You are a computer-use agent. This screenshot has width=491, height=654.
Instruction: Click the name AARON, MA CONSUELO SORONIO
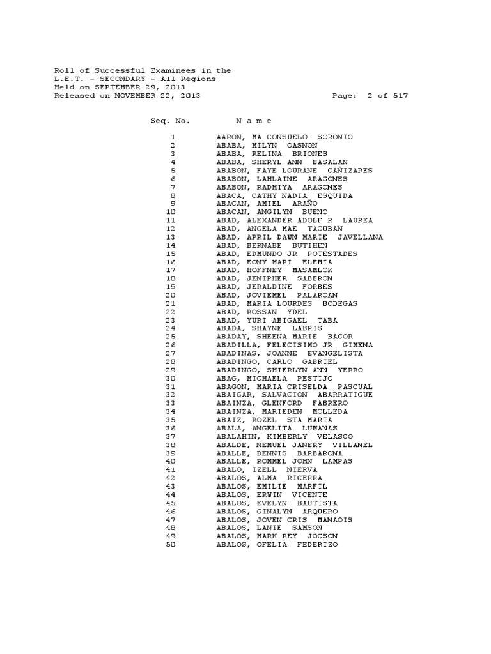coord(284,137)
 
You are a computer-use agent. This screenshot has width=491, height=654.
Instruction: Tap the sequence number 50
coord(170,545)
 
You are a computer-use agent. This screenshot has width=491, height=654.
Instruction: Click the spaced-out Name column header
coord(254,121)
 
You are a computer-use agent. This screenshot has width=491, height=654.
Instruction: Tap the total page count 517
coord(401,96)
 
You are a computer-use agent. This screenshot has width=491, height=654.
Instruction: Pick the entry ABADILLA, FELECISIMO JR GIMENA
coord(295,345)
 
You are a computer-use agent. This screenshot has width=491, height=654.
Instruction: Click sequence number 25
coord(170,337)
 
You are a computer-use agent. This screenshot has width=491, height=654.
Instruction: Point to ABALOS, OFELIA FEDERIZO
coord(277,545)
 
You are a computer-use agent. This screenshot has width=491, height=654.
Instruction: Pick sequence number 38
coord(170,445)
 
